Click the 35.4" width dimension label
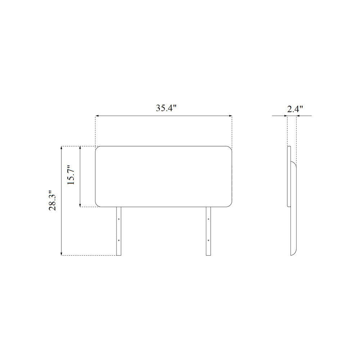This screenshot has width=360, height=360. click(166, 108)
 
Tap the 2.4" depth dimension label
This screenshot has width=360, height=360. click(295, 109)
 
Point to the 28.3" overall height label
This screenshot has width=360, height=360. click(53, 201)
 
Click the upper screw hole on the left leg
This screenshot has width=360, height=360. click(119, 219)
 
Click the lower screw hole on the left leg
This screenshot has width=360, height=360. click(119, 240)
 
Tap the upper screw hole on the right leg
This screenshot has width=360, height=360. click(208, 219)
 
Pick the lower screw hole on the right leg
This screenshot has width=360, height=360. click(208, 240)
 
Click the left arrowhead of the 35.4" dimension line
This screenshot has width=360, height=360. click(97, 116)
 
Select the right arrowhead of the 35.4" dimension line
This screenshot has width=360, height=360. click(230, 116)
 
